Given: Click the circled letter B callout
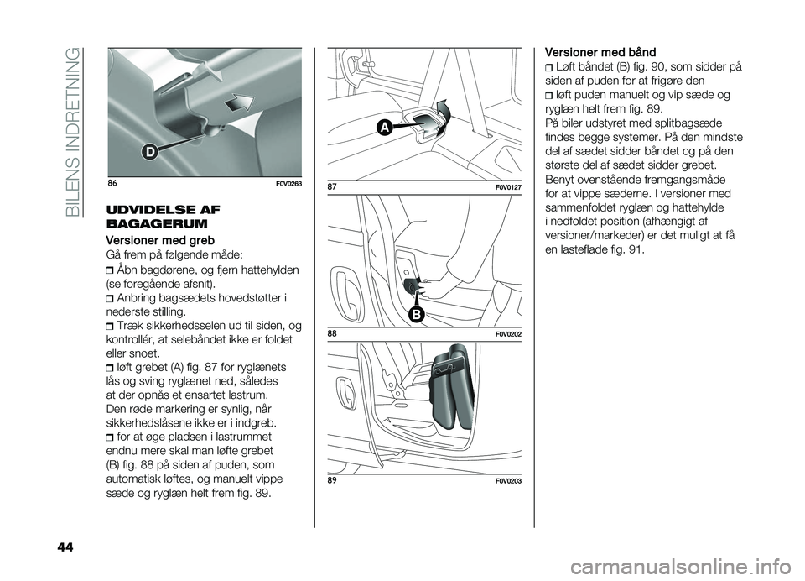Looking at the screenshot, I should (x=417, y=312).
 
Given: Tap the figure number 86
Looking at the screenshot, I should (x=114, y=183).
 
